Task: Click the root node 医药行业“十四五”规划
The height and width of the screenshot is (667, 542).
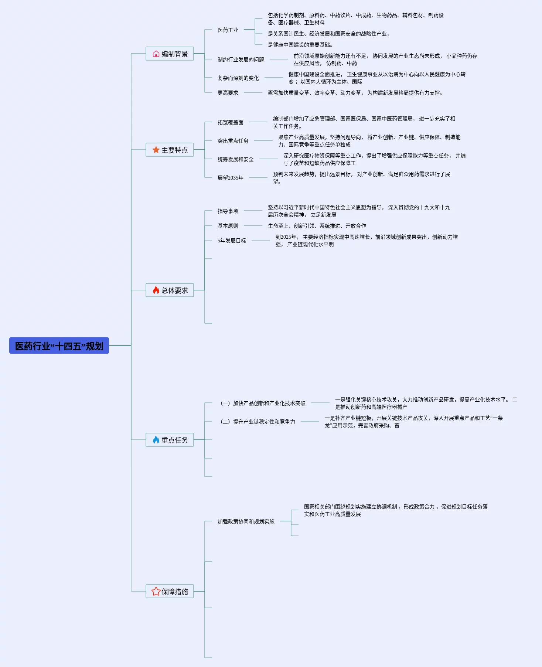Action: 59,346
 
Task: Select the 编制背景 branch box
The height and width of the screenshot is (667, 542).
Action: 170,54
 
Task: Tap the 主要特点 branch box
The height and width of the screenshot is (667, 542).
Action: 170,150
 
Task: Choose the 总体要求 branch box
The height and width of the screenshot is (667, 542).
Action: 170,290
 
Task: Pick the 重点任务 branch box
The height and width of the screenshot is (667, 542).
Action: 170,440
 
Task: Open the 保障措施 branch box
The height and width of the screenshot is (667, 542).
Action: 170,591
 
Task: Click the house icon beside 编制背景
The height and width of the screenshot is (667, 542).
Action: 156,54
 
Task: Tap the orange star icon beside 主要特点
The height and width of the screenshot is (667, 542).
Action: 156,150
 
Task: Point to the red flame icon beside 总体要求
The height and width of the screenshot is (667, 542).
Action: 156,290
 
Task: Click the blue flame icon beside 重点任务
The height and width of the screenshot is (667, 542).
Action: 156,440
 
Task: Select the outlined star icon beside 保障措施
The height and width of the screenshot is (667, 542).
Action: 156,591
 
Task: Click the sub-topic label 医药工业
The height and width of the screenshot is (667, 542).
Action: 228,30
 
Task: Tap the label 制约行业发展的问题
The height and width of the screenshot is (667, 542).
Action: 241,59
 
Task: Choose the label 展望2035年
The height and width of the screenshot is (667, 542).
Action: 231,178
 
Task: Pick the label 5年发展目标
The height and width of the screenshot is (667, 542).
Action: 232,241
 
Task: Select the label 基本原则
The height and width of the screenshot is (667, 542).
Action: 228,226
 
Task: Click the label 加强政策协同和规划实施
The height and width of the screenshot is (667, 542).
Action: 246,521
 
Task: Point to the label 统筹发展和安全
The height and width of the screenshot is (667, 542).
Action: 236,159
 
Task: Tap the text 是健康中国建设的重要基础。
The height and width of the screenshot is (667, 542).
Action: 300,45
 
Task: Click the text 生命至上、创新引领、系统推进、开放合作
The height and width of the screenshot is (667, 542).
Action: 317,226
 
